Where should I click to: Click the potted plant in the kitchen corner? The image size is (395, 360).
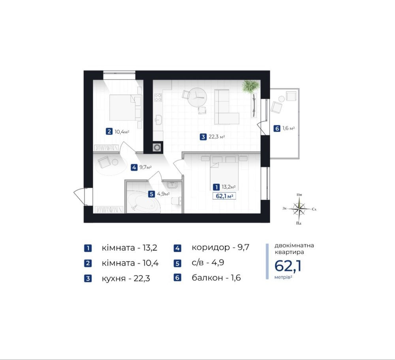250,87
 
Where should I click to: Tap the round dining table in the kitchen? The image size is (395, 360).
197,97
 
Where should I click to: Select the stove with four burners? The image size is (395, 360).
158,97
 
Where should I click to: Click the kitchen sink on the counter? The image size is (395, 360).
158,120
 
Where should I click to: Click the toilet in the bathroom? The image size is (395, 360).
177,201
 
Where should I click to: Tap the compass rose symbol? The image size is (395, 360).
299,209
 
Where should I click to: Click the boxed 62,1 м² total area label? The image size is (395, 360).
224,196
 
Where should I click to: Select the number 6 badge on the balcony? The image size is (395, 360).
277,128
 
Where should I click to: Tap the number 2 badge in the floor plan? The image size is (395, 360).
109,131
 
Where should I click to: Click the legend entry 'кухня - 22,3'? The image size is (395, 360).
126,278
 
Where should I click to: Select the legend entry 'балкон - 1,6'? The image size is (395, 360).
216,277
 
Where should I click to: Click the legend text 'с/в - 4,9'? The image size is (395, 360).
208,263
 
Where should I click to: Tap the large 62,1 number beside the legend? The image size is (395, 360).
288,266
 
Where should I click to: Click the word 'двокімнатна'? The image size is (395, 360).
294,245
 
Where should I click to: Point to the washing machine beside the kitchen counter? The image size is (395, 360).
157,147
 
